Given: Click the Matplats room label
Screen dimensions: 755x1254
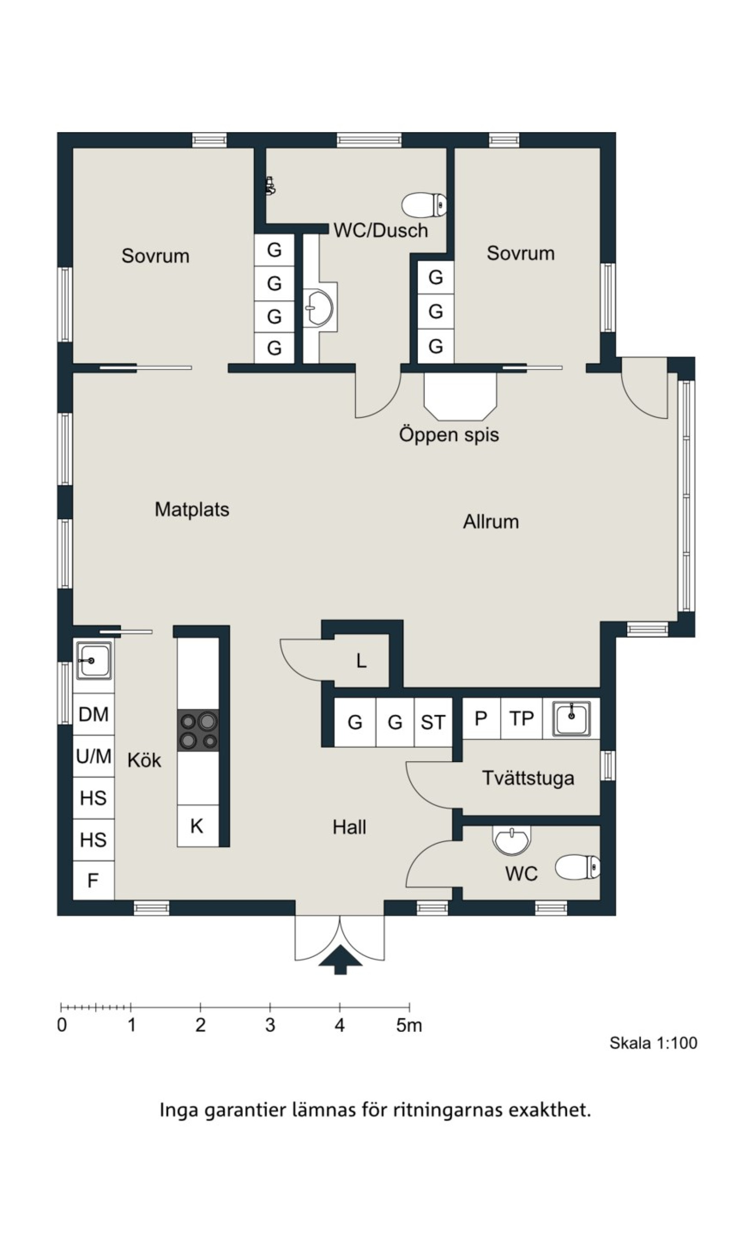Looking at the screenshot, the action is point(192,510).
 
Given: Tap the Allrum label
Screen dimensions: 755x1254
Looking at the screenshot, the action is point(491,522).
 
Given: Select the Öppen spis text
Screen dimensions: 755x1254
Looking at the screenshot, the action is point(449,434).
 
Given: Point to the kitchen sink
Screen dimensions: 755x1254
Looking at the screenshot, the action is point(94,660).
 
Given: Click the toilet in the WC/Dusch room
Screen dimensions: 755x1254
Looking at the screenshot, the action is point(424,204).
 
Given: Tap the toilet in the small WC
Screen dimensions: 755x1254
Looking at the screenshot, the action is point(577,867).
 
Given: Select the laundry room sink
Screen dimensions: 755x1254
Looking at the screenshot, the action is point(571,718).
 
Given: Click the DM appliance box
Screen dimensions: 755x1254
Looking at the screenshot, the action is point(93,714).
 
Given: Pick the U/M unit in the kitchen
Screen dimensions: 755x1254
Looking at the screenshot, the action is point(93,756).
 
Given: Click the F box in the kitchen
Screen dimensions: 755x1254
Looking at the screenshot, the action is point(93,880).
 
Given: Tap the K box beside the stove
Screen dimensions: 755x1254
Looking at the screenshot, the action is point(197,825).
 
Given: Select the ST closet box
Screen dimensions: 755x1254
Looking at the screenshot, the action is point(433,722).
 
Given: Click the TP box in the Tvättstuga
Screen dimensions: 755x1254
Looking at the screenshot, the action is point(521,718).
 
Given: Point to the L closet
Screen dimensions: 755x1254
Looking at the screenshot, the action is point(361,660).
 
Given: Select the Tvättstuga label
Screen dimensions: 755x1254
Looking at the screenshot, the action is point(528,778).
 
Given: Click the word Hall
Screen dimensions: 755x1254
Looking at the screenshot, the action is point(350,827).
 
